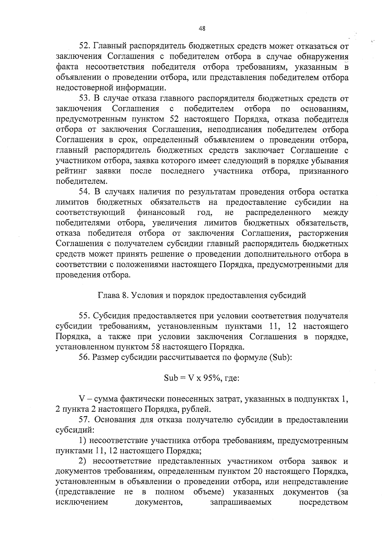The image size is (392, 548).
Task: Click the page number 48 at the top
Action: [202, 29]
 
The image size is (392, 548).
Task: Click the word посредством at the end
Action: [324, 502]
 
